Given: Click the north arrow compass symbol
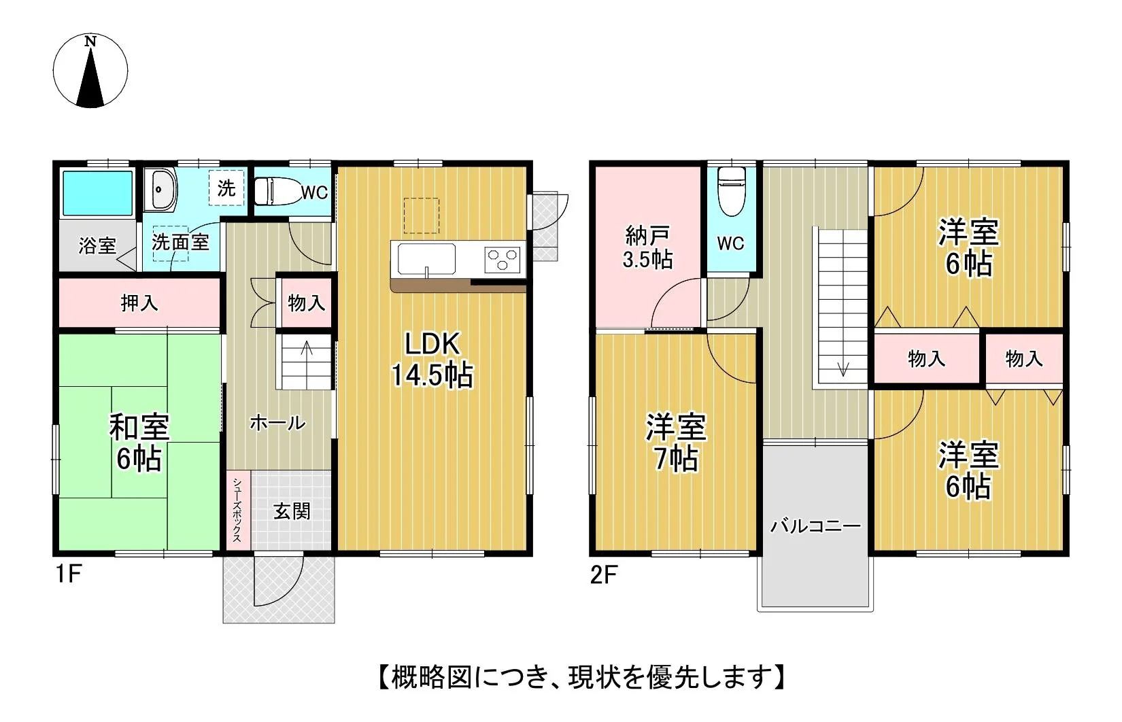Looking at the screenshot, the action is pos(90,71).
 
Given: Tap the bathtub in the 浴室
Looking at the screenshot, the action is pos(98,193).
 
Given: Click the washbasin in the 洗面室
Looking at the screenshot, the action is pos(160,189).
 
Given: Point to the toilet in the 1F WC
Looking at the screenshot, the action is pos(277,191).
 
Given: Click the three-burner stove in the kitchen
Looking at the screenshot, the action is pos(503,260).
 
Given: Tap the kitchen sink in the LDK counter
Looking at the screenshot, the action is pos(427,259).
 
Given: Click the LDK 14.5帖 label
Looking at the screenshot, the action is pos(432,360).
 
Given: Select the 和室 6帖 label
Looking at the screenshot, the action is pos(139,442).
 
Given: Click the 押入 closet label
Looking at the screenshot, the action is pos(139,303).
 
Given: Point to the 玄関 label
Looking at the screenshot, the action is pos(292,511).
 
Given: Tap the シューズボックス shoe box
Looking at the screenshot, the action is pos(238,510).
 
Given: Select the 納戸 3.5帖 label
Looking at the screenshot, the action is pos(647,247).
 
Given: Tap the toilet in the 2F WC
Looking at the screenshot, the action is pos(731,191).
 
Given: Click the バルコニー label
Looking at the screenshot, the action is pos(815,526).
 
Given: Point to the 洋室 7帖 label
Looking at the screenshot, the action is pos(676,442).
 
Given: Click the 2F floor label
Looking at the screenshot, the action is pos(603,574).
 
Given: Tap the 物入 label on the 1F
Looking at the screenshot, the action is pos(307,303).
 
